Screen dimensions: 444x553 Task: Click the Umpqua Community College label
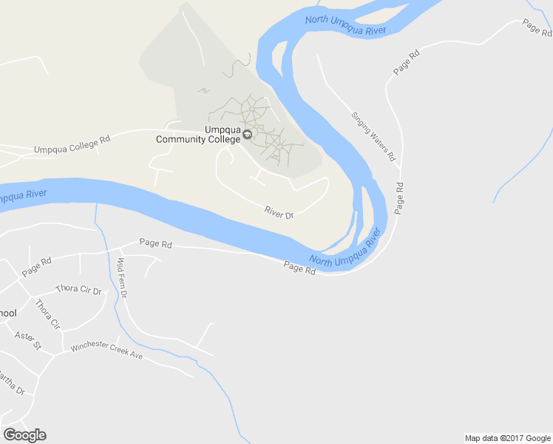198,133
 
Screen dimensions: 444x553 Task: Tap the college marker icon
247,135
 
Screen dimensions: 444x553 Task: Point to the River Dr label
279,213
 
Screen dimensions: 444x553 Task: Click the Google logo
24,435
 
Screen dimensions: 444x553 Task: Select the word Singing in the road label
362,121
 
